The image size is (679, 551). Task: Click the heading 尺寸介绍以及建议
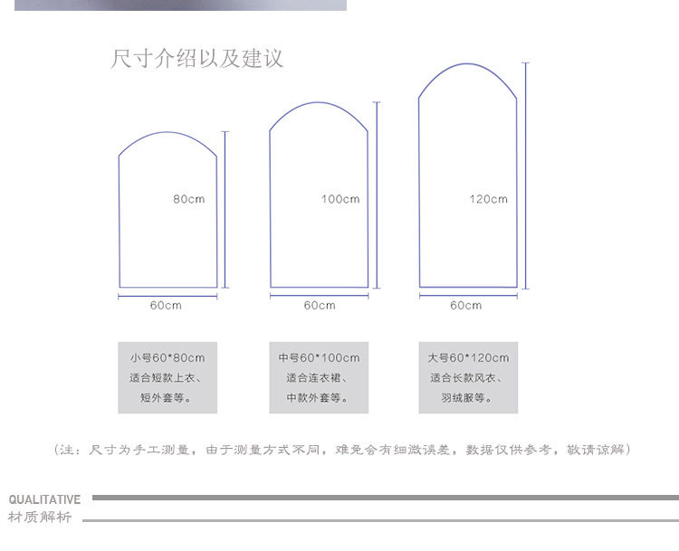pyautogui.click(x=196, y=60)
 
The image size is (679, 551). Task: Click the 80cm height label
pyautogui.click(x=188, y=199)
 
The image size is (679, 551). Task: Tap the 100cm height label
pyautogui.click(x=339, y=199)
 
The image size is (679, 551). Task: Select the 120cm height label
pyautogui.click(x=488, y=199)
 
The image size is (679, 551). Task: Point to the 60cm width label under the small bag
pyautogui.click(x=166, y=306)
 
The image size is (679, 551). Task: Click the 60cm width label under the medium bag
pyautogui.click(x=319, y=306)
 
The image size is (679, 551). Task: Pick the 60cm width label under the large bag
pyautogui.click(x=466, y=306)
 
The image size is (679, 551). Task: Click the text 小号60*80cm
pyautogui.click(x=167, y=358)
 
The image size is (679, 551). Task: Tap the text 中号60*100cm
pyautogui.click(x=319, y=358)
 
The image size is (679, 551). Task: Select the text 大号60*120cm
pyautogui.click(x=468, y=358)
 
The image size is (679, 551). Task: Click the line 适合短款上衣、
pyautogui.click(x=167, y=378)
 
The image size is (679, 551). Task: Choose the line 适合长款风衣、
pyautogui.click(x=468, y=378)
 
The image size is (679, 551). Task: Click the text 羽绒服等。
pyautogui.click(x=468, y=398)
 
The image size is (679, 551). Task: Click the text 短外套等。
pyautogui.click(x=167, y=398)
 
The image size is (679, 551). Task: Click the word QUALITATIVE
pyautogui.click(x=44, y=499)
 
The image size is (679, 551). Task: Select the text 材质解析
pyautogui.click(x=39, y=518)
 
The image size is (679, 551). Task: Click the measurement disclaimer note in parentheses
pyautogui.click(x=341, y=450)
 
